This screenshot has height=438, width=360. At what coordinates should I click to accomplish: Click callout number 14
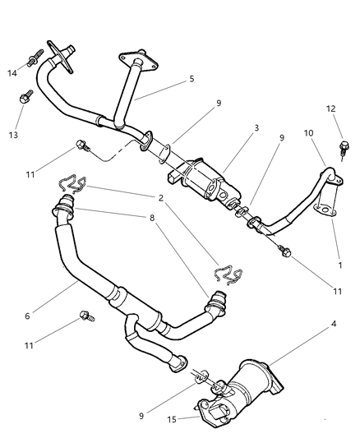click(x=11, y=74)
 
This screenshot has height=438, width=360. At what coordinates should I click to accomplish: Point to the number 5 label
click(x=192, y=80)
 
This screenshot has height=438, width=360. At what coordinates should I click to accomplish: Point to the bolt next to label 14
click(x=34, y=59)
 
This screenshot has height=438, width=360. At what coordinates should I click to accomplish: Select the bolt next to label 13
click(x=26, y=97)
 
